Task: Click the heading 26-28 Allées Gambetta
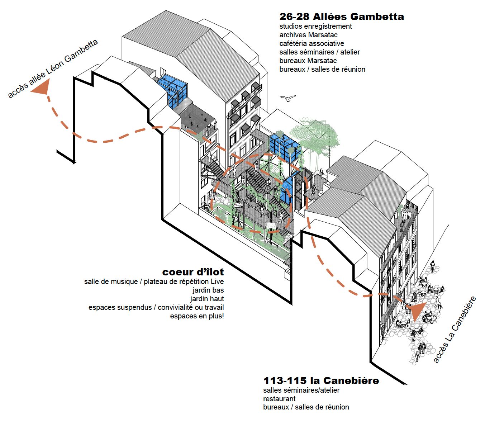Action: (341, 16)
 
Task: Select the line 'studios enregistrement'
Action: (315, 26)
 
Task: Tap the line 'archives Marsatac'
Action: (308, 35)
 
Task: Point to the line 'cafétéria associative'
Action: (312, 43)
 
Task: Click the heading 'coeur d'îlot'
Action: (193, 272)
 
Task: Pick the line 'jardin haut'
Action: (207, 299)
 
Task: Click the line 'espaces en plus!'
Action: (197, 316)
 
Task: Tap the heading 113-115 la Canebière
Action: (321, 380)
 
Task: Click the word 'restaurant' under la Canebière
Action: (279, 398)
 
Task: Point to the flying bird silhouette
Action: (288, 98)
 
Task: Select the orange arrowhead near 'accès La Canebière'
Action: (417, 311)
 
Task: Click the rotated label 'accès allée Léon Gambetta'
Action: (53, 68)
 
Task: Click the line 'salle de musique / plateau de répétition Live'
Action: (154, 281)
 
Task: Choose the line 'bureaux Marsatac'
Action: (308, 61)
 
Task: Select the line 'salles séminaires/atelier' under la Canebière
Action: (301, 390)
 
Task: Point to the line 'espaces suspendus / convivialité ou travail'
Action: (156, 307)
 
